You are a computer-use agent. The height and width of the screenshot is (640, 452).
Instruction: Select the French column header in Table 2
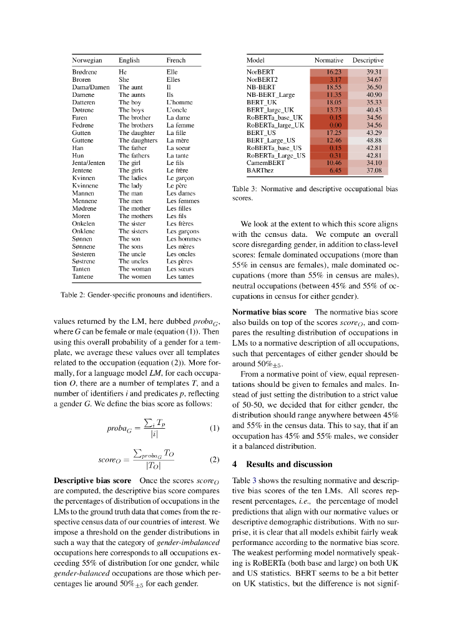click(175, 61)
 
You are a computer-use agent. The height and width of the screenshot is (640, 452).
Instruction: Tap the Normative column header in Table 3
click(328, 61)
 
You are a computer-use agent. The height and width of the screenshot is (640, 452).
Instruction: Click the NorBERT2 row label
click(262, 80)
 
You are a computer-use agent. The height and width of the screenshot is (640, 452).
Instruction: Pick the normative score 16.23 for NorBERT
click(335, 72)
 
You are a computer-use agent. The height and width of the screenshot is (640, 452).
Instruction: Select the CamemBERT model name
click(265, 162)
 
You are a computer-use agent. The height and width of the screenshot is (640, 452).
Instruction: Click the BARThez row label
click(261, 170)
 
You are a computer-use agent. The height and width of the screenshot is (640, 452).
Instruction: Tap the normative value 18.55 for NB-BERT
click(335, 87)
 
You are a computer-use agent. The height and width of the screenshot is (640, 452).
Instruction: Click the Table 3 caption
click(315, 192)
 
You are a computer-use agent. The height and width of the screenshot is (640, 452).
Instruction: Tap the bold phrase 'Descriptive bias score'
click(92, 481)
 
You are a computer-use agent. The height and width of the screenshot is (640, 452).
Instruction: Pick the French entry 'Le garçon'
click(180, 178)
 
